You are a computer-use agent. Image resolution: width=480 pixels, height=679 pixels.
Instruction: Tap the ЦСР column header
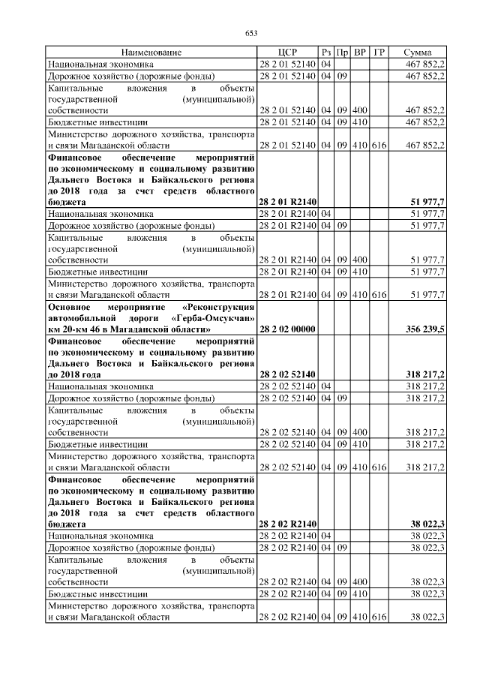tap(287, 53)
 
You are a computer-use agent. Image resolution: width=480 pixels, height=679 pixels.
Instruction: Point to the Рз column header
tap(325, 53)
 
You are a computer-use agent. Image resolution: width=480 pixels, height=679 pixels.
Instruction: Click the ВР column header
tap(360, 53)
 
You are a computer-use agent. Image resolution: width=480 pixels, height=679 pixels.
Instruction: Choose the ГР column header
tap(379, 53)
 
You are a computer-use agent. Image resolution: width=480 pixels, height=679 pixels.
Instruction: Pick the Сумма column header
tap(417, 53)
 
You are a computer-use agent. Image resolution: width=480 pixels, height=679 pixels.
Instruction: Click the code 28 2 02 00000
tap(287, 329)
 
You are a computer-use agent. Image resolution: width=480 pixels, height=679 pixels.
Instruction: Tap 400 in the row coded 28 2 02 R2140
tap(360, 581)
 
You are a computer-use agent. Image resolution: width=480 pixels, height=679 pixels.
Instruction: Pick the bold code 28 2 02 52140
tap(287, 374)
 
